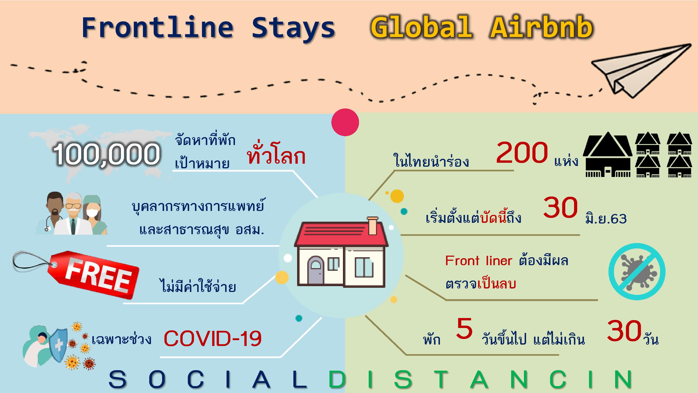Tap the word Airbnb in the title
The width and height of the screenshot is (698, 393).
pyautogui.click(x=542, y=27)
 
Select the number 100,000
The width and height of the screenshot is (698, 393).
pyautogui.click(x=107, y=154)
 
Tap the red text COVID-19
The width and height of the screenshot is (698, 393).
pyautogui.click(x=213, y=339)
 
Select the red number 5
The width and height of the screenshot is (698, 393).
pyautogui.click(x=464, y=329)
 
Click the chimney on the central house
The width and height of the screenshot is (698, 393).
pyautogui.click(x=372, y=226)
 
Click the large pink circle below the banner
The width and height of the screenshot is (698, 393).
pyautogui.click(x=345, y=122)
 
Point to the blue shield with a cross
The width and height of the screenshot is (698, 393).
pyautogui.click(x=58, y=345)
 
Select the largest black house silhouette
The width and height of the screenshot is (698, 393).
pyautogui.click(x=608, y=154)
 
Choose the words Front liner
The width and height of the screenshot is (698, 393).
pyautogui.click(x=479, y=261)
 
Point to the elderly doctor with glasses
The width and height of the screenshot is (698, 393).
pyautogui.click(x=73, y=214)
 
